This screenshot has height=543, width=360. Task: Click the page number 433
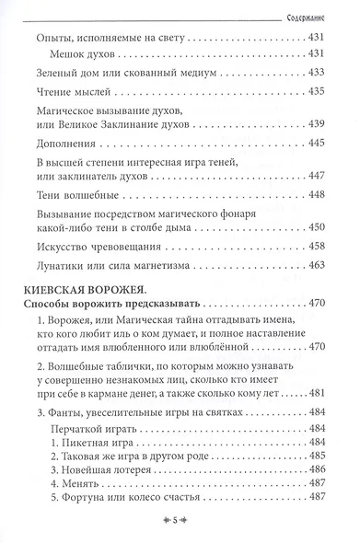[x=319, y=72]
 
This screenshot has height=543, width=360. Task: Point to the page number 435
[x=319, y=94]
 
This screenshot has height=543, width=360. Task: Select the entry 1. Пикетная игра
[x=101, y=445]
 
